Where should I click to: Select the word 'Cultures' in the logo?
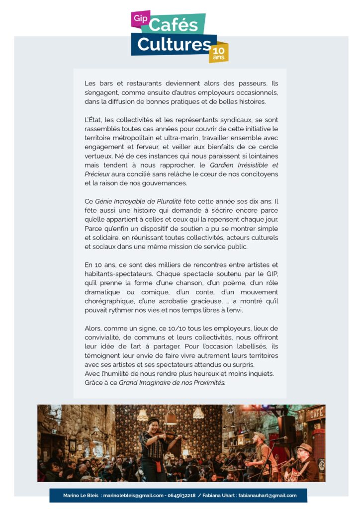tap(174, 44)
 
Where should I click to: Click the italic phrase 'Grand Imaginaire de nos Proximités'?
tap(172, 383)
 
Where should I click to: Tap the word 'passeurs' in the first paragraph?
tap(251, 84)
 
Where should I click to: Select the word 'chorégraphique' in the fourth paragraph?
tap(109, 301)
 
